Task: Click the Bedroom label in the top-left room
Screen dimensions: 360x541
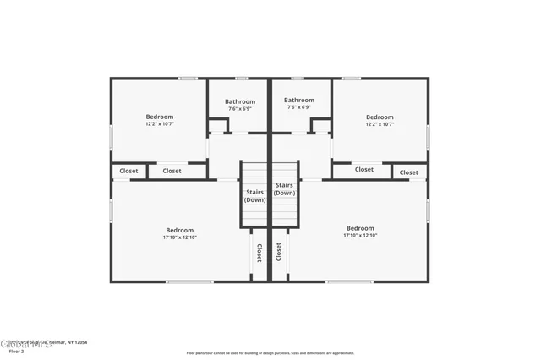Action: click(x=159, y=117)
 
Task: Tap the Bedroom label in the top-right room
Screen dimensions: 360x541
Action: click(x=380, y=117)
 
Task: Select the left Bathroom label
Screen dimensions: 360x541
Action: click(x=239, y=101)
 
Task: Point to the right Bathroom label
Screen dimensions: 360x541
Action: click(x=299, y=101)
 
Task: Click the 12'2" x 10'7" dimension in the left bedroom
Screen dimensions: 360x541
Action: click(x=159, y=124)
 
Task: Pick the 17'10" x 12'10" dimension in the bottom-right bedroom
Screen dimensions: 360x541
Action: click(x=360, y=236)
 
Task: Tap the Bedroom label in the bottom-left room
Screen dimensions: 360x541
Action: click(x=179, y=230)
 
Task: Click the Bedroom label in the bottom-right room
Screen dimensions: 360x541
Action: click(x=360, y=228)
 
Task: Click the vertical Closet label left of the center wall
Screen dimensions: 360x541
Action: click(x=259, y=252)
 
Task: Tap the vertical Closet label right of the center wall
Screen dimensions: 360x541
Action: click(x=279, y=252)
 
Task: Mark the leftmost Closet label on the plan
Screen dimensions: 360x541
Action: click(x=128, y=171)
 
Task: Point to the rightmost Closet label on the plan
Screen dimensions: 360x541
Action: click(x=409, y=172)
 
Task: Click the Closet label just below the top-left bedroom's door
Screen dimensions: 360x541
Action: click(x=172, y=171)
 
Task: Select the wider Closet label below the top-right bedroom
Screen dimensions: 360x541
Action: click(x=363, y=169)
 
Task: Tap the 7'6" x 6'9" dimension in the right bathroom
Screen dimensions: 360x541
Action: click(x=299, y=108)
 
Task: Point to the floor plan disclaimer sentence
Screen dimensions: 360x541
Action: click(x=270, y=353)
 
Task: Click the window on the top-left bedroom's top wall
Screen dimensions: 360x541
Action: click(x=188, y=79)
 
